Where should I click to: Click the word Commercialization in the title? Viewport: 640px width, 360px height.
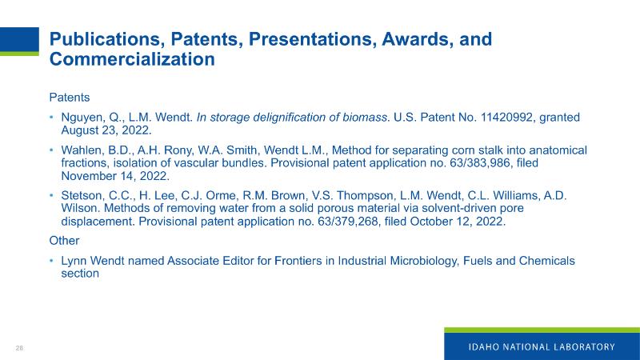(132, 59)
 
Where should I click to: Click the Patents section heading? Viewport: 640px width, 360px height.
(70, 98)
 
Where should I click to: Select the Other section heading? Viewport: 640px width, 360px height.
(64, 241)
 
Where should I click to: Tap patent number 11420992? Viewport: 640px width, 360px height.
(506, 117)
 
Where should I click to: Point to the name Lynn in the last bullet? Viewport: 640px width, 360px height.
(74, 261)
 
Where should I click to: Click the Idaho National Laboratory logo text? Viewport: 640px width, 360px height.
(542, 347)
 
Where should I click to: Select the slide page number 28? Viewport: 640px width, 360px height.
(19, 348)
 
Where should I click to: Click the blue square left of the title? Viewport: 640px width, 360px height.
(19, 39)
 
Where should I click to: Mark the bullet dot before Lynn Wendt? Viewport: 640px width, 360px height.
(52, 261)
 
